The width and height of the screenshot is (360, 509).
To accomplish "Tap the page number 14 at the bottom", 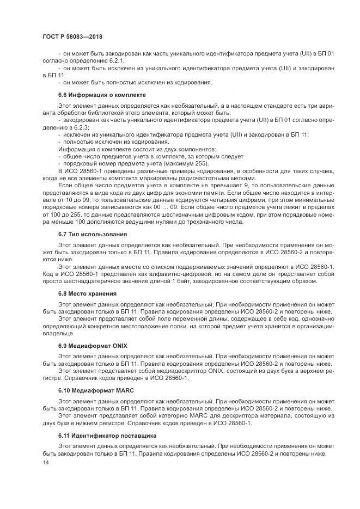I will [x=45, y=462].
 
